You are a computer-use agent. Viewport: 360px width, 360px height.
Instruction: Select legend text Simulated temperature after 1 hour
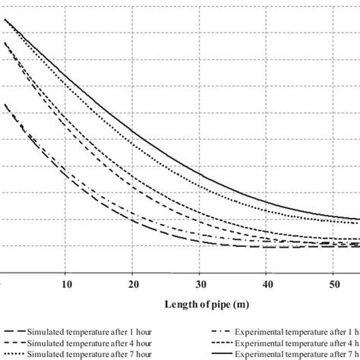89,333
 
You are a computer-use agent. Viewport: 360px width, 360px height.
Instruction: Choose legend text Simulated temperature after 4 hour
89,344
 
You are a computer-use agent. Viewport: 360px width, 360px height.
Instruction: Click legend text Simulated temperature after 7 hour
89,355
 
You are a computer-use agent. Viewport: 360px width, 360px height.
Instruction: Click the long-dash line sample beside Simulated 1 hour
14,333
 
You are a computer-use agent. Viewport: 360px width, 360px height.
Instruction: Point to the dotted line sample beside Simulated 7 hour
14,355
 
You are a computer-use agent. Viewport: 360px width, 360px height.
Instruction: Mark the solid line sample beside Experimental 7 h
226,355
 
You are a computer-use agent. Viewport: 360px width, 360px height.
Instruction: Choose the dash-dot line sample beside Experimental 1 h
226,333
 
